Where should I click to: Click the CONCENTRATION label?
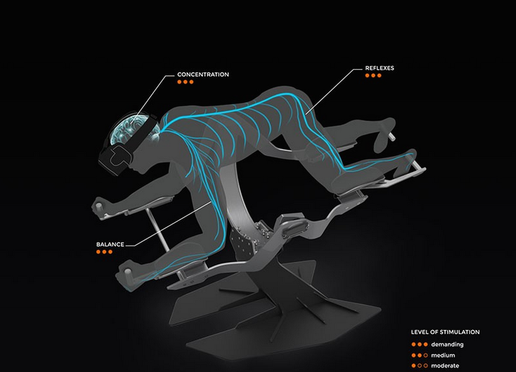coord(203,74)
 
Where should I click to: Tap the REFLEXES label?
coord(380,68)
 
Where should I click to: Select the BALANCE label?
coord(110,244)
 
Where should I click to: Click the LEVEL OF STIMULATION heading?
coord(445,332)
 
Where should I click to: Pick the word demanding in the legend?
coord(448,344)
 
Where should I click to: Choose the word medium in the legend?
coord(443,355)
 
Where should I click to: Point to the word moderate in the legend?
coord(445,366)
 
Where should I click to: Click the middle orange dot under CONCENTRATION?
coord(185,82)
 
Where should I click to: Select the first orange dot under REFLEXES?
coord(367,76)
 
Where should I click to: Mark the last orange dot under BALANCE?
coord(110,252)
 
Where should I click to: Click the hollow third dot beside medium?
coord(425,355)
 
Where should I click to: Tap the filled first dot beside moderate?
coord(414,366)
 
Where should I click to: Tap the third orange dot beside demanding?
coord(425,344)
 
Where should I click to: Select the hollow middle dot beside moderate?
coord(420,366)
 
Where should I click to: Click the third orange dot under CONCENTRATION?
coord(191,82)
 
